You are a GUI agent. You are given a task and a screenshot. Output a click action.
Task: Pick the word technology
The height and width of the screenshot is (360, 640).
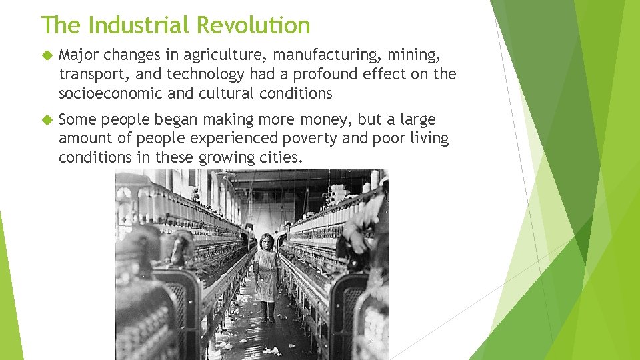[206, 73]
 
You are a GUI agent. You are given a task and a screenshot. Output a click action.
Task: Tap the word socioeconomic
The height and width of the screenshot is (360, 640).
[111, 93]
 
